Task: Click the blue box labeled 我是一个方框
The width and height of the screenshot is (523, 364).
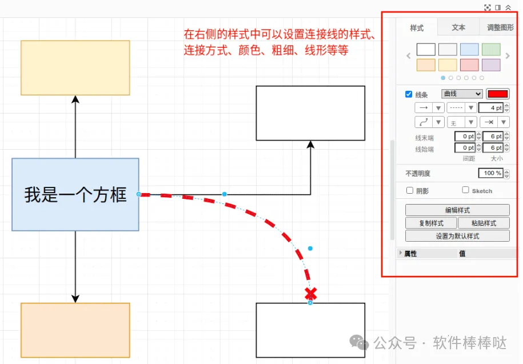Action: pos(75,194)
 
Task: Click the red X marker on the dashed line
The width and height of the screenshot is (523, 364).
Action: pos(310,294)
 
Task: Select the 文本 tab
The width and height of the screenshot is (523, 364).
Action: pos(458,27)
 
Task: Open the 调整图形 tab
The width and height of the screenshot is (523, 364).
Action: pos(500,27)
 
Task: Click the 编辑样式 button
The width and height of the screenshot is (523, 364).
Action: pos(457,210)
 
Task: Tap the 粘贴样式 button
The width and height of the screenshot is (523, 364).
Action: pos(484,223)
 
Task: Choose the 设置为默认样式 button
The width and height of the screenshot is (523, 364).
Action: pos(457,236)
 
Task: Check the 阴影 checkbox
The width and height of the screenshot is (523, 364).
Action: pos(409,191)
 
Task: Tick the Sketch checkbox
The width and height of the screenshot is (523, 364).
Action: pos(465,190)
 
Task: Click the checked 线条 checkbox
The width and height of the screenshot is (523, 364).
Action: pos(409,94)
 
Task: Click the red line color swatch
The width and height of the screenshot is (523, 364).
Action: pos(497,94)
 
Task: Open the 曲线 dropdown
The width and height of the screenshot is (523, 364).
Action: pos(462,94)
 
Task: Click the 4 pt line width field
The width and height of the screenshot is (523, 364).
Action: pos(490,108)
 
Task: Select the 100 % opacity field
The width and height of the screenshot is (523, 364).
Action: pos(490,173)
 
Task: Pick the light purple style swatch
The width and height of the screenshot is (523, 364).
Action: pos(491,65)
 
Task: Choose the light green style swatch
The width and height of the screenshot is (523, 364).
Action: pos(491,50)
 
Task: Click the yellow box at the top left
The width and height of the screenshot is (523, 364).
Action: pos(75,67)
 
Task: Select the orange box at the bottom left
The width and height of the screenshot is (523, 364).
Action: pos(75,330)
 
